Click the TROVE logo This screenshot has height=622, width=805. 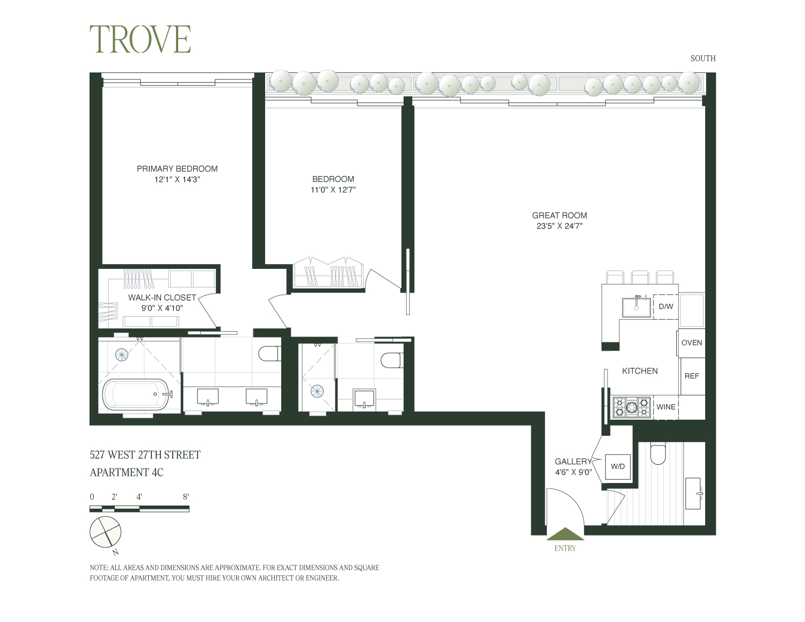tap(140, 39)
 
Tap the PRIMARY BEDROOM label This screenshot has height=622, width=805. tap(177, 169)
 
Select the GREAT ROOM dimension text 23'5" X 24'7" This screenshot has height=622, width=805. tap(559, 226)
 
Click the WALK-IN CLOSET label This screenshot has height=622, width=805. tap(162, 297)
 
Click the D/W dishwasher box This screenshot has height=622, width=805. tap(665, 306)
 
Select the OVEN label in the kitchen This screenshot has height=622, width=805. tap(691, 343)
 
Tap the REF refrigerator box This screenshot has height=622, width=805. tap(692, 376)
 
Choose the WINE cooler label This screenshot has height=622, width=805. tap(666, 407)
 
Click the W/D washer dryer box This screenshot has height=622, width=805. tap(618, 466)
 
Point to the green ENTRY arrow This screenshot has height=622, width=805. tap(565, 534)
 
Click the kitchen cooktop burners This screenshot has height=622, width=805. tap(632, 407)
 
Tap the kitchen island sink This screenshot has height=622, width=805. tap(636, 307)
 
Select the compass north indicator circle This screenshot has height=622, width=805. tap(106, 532)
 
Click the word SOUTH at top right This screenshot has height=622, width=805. tap(703, 58)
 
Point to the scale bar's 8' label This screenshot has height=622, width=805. tap(186, 497)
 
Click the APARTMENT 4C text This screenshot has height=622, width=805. tap(127, 473)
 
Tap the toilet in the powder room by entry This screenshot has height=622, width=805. tap(657, 455)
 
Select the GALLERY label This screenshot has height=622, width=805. tap(573, 462)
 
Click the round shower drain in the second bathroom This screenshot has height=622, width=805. tap(317, 390)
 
